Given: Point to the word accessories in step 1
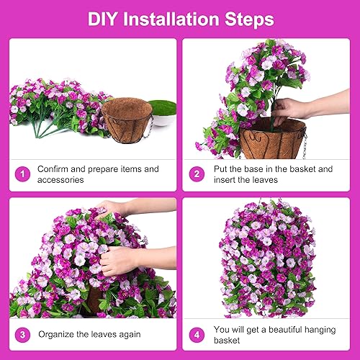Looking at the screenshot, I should click(63, 179).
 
